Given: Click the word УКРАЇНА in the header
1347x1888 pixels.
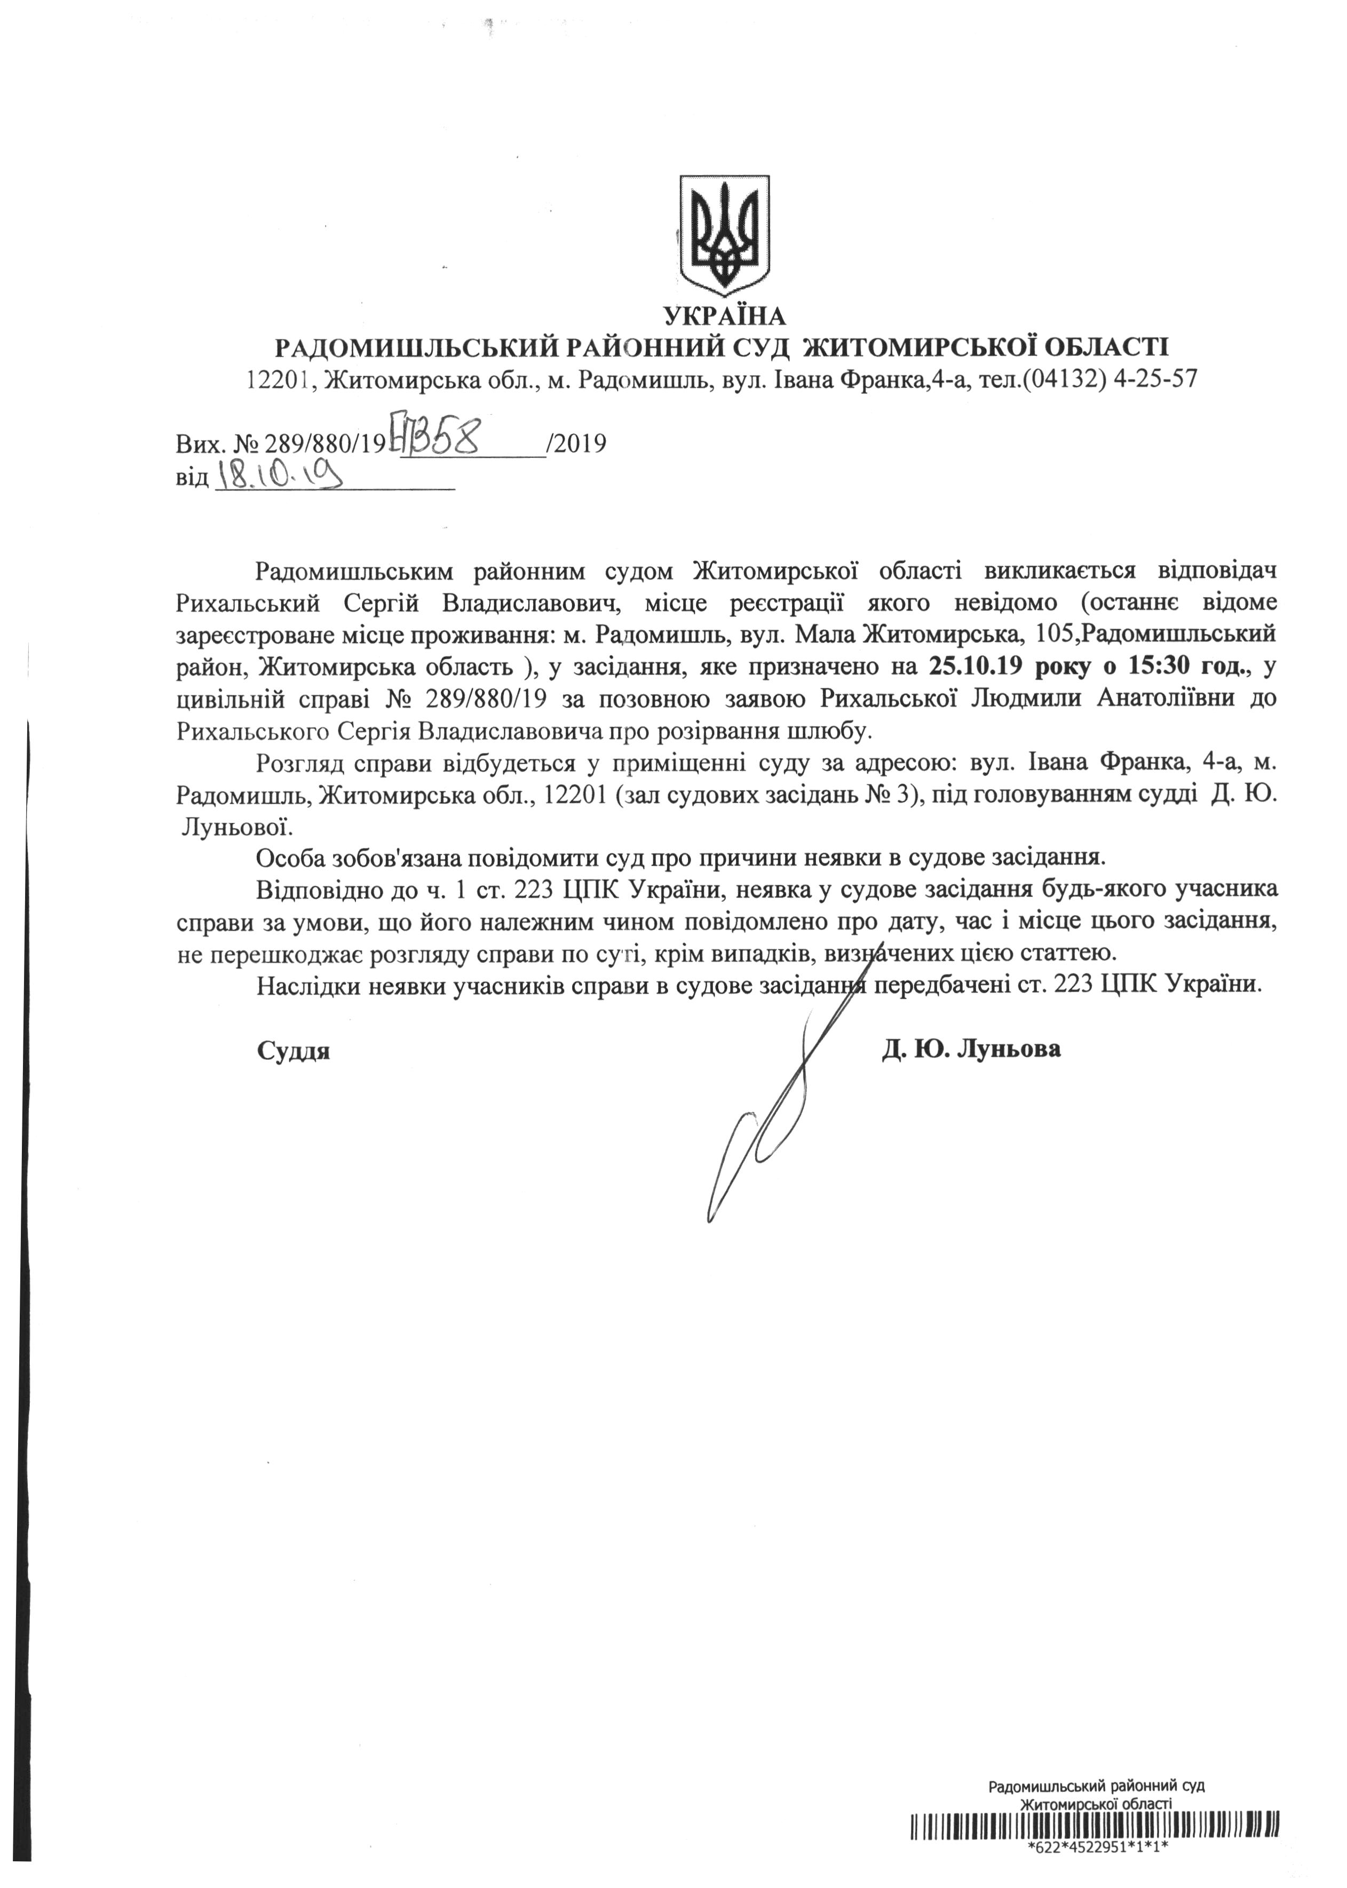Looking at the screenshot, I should pyautogui.click(x=725, y=316).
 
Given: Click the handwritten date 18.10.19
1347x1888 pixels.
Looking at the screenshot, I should pyautogui.click(x=280, y=477).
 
